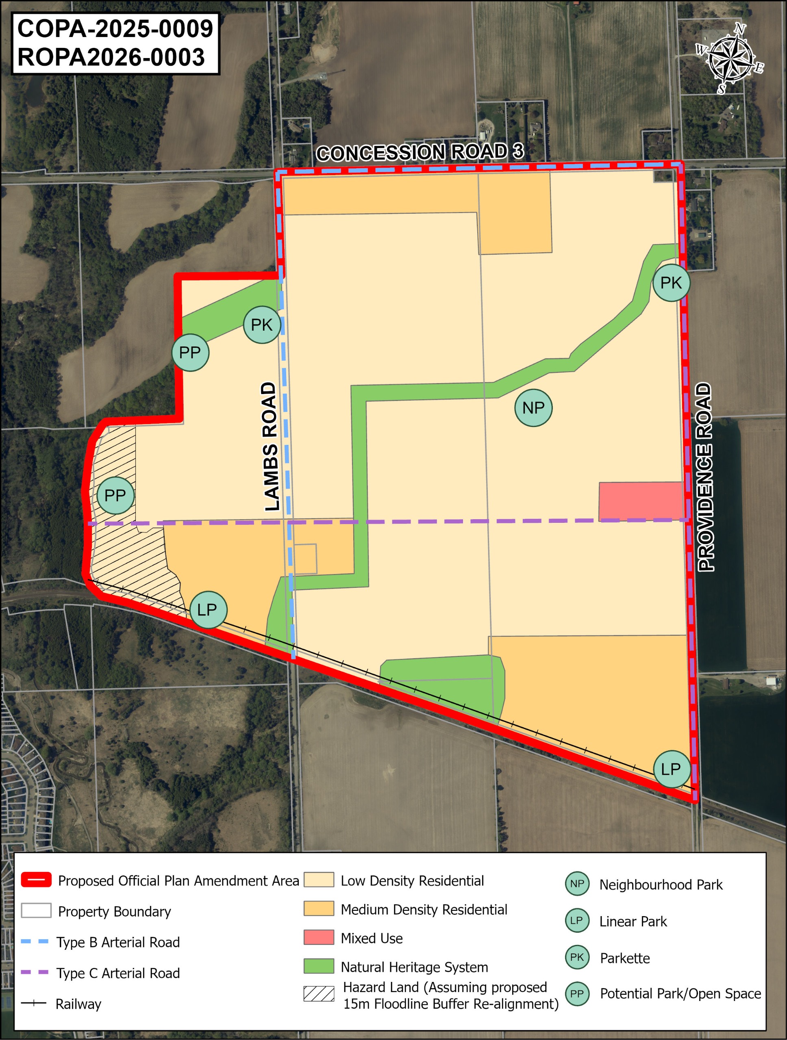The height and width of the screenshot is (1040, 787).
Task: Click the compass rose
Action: tap(729, 59)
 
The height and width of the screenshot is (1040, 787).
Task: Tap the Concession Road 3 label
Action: tap(420, 152)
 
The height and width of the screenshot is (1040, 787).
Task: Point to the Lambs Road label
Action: tap(271, 446)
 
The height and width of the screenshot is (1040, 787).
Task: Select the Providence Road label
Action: tap(704, 477)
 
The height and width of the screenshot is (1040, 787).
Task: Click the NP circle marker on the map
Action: tap(533, 407)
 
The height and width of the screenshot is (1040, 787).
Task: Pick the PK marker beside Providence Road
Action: tap(671, 283)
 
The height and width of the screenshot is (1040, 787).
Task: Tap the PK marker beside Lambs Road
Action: tap(261, 325)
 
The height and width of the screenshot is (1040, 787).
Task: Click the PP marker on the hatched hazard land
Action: tap(115, 495)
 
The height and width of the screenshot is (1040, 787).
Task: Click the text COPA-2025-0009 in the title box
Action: tap(115, 29)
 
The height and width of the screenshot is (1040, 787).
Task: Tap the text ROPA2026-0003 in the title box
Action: tap(111, 57)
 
